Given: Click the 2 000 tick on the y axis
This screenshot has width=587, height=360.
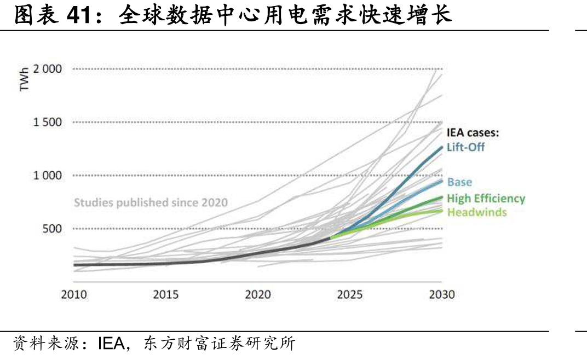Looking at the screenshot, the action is click(x=48, y=69).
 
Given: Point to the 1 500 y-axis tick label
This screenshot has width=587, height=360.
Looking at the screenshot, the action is click(x=48, y=122).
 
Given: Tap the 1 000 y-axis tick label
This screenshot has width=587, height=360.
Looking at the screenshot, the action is click(x=48, y=175).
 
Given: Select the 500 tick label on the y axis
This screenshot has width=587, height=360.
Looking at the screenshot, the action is click(x=52, y=228).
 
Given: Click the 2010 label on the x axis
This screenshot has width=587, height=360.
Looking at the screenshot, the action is click(x=74, y=294).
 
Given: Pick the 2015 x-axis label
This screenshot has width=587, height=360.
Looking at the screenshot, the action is click(x=166, y=294).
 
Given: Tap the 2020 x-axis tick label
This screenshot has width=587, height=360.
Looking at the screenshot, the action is click(x=258, y=294).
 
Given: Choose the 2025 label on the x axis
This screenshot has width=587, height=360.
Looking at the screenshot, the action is click(x=350, y=294).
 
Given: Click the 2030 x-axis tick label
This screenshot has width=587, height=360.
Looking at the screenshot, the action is click(x=442, y=294).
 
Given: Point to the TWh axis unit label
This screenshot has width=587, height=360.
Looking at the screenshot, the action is click(x=24, y=79).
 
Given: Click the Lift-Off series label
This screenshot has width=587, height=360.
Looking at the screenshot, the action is click(x=465, y=147).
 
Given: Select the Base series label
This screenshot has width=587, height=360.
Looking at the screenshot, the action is click(x=460, y=182).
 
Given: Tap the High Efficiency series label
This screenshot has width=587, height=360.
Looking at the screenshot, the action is click(x=486, y=199).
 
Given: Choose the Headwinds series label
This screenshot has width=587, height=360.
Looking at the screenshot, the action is click(x=477, y=212).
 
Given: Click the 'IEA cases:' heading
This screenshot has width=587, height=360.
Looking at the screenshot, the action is click(x=473, y=132).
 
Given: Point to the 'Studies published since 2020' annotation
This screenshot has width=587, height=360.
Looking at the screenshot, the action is click(x=151, y=202).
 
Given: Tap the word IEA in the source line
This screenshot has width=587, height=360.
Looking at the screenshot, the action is click(x=111, y=344).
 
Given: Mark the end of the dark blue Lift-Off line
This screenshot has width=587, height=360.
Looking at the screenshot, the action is click(x=442, y=148).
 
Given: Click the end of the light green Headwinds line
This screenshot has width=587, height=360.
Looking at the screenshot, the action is click(x=442, y=211).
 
